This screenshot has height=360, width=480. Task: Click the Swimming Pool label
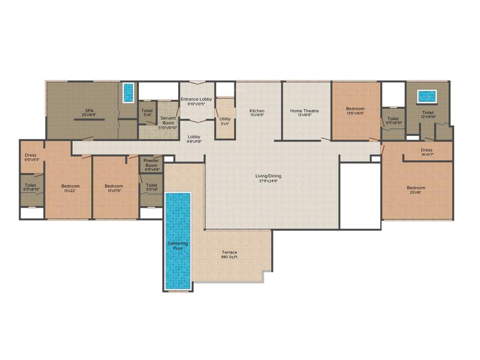pyautogui.click(x=178, y=246)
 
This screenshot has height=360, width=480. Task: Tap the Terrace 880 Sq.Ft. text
pyautogui.click(x=230, y=255)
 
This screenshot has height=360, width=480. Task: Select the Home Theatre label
pyautogui.click(x=304, y=113)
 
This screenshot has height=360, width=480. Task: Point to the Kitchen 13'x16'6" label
pyautogui.click(x=257, y=113)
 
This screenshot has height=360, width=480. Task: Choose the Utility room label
pyautogui.click(x=225, y=121)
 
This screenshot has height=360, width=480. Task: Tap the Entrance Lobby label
pyautogui.click(x=196, y=101)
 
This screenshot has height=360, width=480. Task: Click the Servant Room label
pyautogui.click(x=168, y=123)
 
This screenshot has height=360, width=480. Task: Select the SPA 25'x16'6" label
pyautogui.click(x=89, y=113)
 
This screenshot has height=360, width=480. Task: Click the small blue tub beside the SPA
pyautogui.click(x=128, y=93)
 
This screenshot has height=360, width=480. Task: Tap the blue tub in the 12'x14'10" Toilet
pyautogui.click(x=427, y=96)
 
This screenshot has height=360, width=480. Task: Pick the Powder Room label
pyautogui.click(x=151, y=165)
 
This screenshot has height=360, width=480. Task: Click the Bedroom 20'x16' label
pyautogui.click(x=416, y=190)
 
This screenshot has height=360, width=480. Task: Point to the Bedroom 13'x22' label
pyautogui.click(x=70, y=188)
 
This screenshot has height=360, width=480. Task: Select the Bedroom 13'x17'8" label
pyautogui.click(x=114, y=188)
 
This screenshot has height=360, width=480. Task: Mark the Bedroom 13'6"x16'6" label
pyautogui.click(x=355, y=111)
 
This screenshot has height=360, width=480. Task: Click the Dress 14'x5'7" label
pyautogui.click(x=427, y=152)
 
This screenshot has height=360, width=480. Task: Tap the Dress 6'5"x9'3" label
pyautogui.click(x=30, y=157)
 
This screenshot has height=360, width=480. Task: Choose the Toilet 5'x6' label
pyautogui.click(x=147, y=113)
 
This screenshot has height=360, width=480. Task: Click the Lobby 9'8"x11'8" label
pyautogui.click(x=194, y=139)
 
